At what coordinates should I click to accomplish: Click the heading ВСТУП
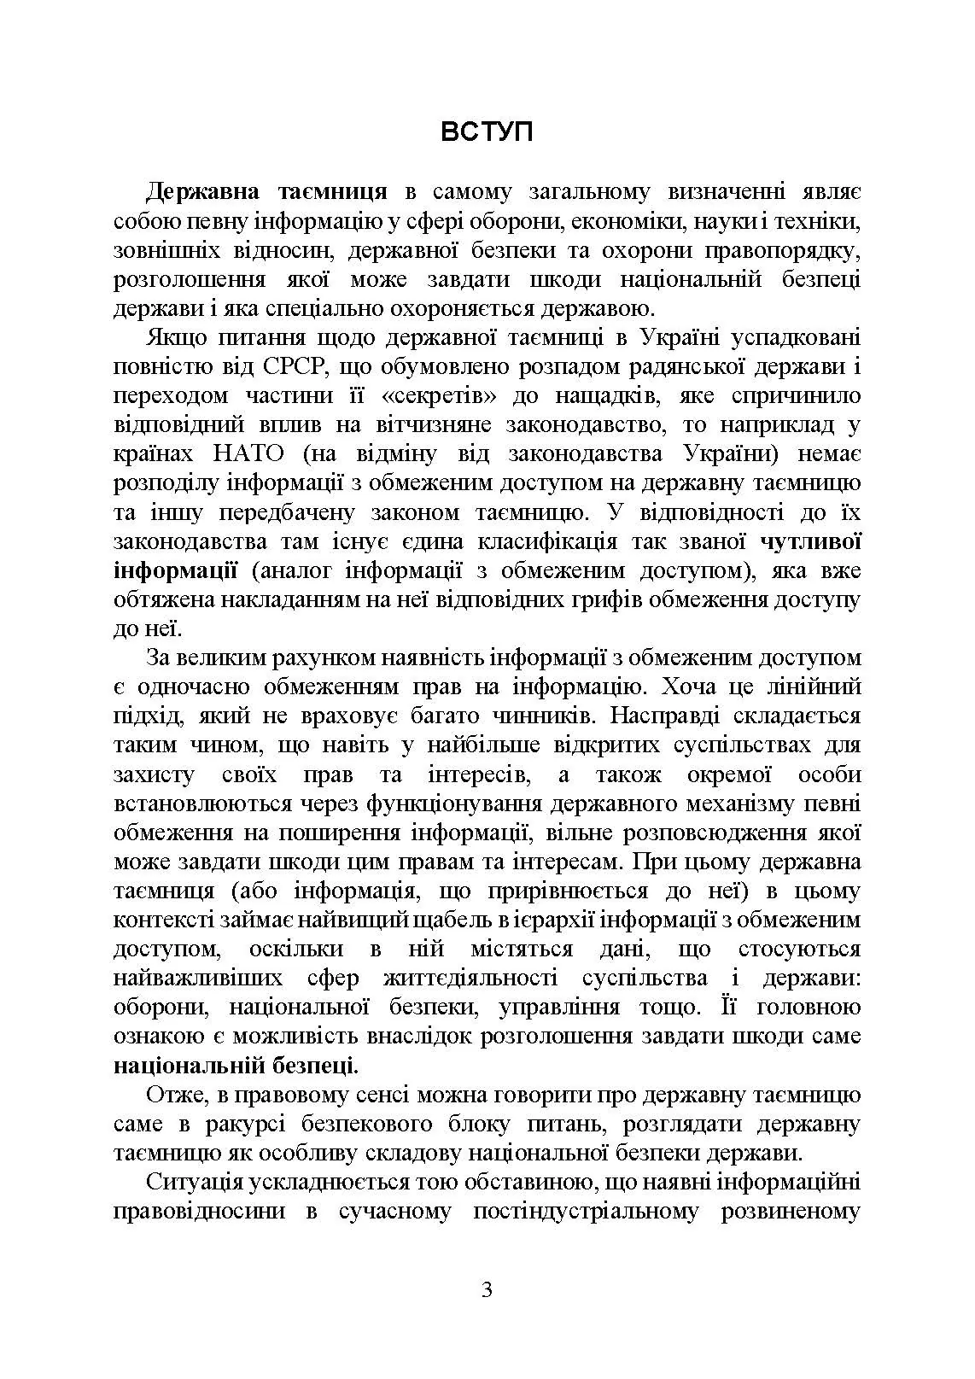tap(487, 132)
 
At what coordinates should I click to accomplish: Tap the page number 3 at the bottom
tap(487, 1288)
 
